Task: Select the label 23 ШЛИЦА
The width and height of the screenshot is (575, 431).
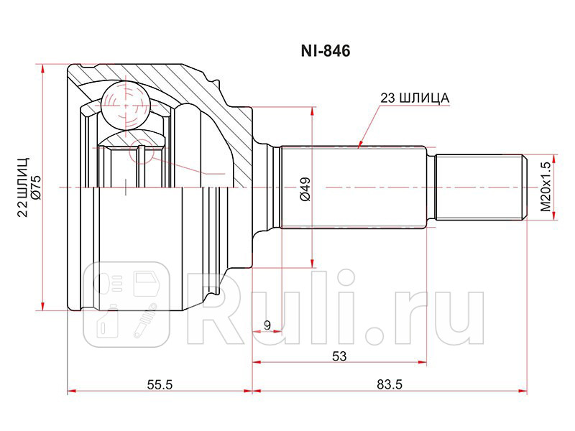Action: pos(414,98)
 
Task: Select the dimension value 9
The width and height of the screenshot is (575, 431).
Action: pos(267,325)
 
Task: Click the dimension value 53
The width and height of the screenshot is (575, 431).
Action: pos(339,356)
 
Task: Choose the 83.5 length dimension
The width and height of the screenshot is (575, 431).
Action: pos(389,385)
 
